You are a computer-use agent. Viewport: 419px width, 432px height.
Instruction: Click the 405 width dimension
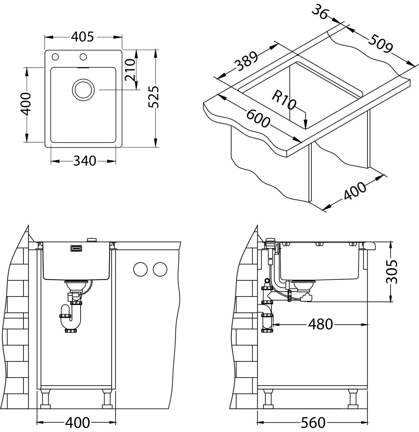point(82,37)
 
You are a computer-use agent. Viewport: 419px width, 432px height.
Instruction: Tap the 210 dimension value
point(129,69)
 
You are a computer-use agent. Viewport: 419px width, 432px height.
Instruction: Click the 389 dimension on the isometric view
point(247,62)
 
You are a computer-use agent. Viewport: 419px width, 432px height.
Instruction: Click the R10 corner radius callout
point(284,100)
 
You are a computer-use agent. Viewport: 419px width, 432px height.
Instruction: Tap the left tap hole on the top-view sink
point(55,57)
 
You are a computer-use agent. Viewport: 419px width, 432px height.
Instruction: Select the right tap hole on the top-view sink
point(84,57)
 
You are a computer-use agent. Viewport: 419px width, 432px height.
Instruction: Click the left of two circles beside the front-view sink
point(140,269)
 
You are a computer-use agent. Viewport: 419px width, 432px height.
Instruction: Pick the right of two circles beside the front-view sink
point(159,269)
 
